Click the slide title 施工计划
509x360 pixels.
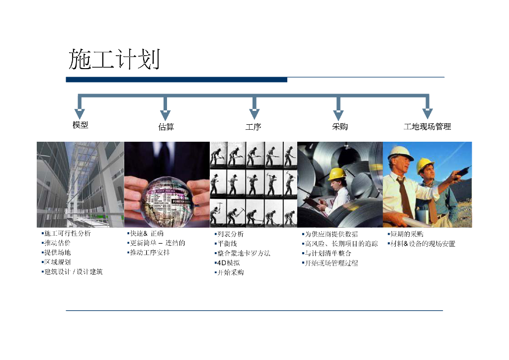coord(114,59)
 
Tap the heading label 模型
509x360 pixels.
coord(80,125)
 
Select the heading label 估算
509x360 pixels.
coord(166,127)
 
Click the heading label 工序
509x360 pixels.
coord(253,127)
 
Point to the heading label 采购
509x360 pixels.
coord(339,126)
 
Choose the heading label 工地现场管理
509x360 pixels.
coord(427,127)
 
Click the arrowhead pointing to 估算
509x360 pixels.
coord(166,114)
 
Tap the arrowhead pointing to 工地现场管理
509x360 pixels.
coord(427,114)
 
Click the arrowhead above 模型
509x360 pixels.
coord(80,114)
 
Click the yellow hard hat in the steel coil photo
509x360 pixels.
coord(337,174)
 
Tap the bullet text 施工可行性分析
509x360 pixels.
coord(67,233)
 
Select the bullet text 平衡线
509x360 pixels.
coord(227,244)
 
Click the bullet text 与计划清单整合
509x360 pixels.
coord(328,253)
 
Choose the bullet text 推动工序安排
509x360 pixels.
coord(149,253)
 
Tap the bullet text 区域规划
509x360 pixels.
coord(57,262)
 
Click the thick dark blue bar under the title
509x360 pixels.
coord(176,80)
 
